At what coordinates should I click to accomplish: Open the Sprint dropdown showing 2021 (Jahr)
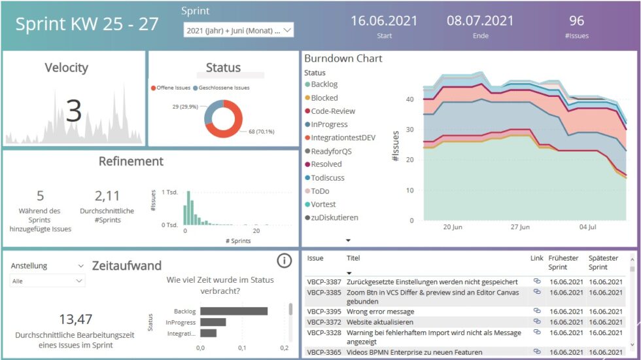tap(239, 30)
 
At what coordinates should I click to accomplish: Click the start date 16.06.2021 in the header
tap(384, 21)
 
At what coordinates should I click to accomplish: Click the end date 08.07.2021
tap(480, 21)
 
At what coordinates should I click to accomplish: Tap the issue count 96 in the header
tap(577, 21)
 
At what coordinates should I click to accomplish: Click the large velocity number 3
tap(73, 111)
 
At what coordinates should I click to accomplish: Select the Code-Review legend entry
tap(333, 111)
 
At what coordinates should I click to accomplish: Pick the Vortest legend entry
tap(323, 204)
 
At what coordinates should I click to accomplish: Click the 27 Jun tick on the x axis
tap(520, 227)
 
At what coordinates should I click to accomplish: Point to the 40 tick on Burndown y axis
tap(409, 99)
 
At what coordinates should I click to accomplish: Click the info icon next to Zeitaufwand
tap(284, 261)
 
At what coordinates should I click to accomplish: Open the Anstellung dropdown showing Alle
tap(48, 281)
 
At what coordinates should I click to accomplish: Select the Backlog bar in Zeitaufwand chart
tap(234, 311)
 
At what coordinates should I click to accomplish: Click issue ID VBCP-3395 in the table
tap(323, 312)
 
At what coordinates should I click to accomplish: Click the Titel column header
tap(353, 259)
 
